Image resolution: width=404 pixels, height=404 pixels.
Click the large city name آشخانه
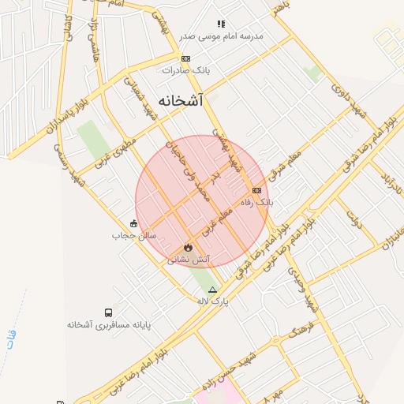[x=180, y=101]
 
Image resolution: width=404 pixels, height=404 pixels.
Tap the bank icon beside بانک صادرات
[x=185, y=58]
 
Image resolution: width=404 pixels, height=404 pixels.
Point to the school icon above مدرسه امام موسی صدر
[x=221, y=24]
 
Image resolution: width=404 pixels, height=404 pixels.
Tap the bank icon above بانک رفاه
[x=256, y=190]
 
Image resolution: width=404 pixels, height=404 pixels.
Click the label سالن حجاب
[x=134, y=235]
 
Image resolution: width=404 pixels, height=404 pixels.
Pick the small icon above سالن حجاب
[x=134, y=223]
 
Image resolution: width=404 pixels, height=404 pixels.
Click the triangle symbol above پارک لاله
[x=211, y=290]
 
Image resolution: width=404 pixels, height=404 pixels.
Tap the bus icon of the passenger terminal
[x=108, y=312]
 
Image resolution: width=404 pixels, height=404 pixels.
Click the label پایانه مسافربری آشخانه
[x=108, y=324]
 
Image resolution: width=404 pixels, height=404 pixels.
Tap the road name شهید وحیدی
[x=302, y=288]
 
